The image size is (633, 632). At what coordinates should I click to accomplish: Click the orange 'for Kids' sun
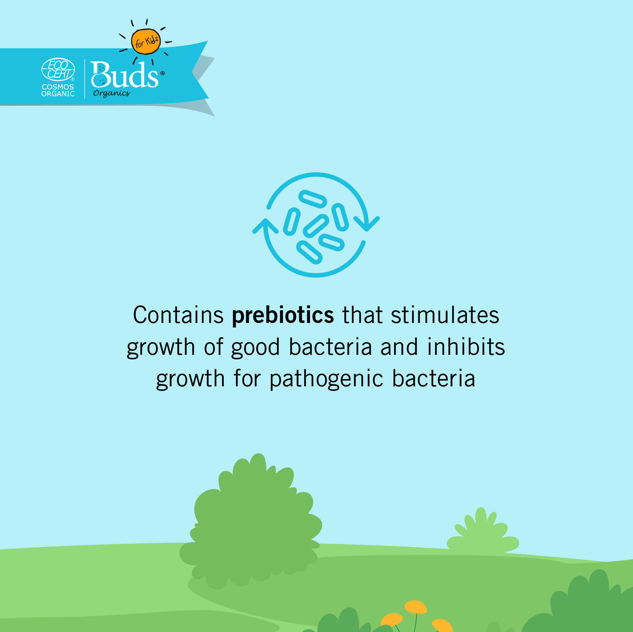click(146, 42)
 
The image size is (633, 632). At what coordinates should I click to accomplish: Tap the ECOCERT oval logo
click(58, 69)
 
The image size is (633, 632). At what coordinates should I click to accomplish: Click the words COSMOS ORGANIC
click(58, 90)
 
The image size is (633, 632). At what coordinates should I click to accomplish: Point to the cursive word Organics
click(111, 93)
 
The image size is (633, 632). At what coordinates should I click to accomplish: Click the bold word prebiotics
click(283, 315)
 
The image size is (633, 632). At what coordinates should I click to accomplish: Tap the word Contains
click(178, 315)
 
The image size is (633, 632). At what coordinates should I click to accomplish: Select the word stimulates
click(445, 315)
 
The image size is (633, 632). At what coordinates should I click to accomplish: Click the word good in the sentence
click(256, 347)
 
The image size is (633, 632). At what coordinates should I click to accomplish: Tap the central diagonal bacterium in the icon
click(316, 226)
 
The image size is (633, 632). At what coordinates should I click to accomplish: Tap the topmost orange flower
click(415, 606)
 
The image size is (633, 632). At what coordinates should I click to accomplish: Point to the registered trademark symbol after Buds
click(163, 73)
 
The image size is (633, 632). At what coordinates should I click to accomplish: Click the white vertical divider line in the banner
click(84, 78)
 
